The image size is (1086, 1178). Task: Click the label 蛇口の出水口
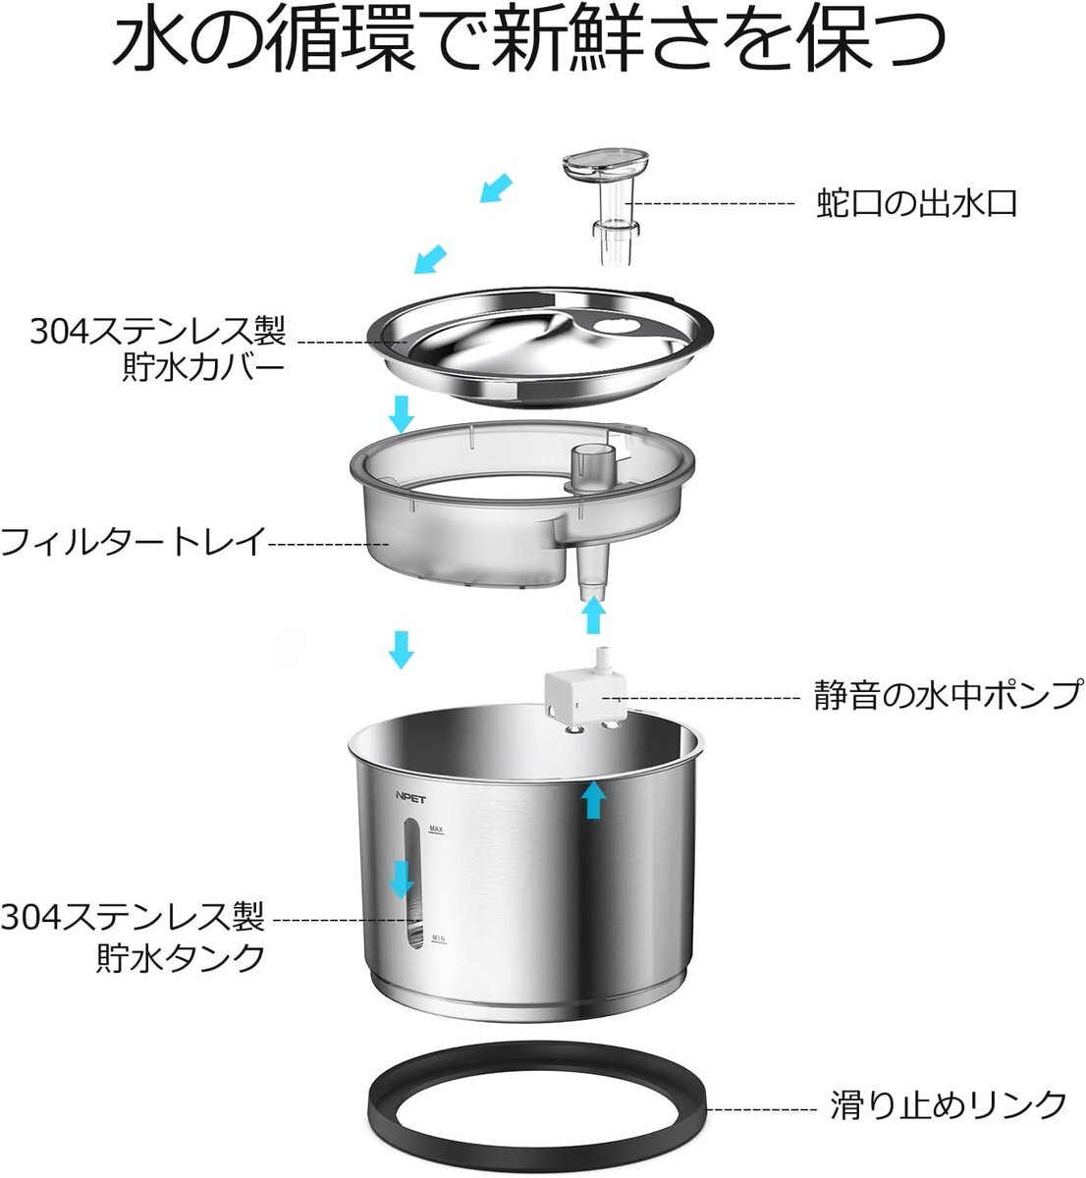click(x=916, y=204)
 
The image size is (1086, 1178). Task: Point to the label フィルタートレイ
click(x=134, y=542)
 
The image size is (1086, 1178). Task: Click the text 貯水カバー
click(x=203, y=368)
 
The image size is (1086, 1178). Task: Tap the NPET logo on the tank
click(x=410, y=799)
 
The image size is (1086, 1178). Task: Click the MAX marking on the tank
click(x=436, y=829)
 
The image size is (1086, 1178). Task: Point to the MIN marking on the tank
click(x=438, y=937)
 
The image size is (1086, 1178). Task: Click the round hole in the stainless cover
click(x=611, y=326)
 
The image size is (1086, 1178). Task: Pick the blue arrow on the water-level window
click(x=402, y=880)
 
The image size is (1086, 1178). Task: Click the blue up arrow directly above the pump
click(x=595, y=615)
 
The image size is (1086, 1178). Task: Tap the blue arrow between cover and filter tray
click(x=402, y=414)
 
